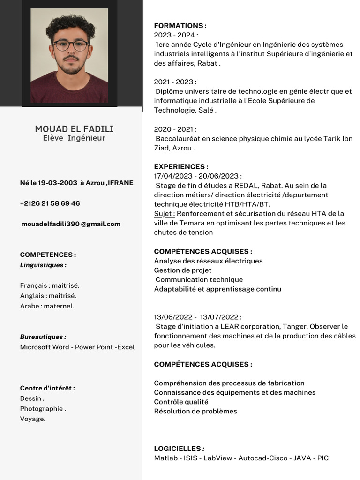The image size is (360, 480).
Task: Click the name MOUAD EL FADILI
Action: (74, 129)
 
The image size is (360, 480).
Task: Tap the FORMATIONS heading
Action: (180, 26)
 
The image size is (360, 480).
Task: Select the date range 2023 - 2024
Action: (176, 35)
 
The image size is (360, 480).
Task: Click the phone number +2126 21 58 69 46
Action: (50, 203)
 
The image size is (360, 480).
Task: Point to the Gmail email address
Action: (71, 224)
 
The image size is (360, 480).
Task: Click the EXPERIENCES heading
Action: (181, 166)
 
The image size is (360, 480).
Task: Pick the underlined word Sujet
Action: (164, 214)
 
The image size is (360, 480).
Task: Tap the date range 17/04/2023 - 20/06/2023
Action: (198, 176)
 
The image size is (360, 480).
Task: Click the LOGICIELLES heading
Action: (179, 449)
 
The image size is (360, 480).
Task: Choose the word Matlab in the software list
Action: (165, 458)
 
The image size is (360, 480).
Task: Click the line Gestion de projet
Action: (183, 270)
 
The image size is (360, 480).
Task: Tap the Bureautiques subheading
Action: (43, 337)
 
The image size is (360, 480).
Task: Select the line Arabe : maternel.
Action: (47, 306)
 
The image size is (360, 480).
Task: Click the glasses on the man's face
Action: (70, 45)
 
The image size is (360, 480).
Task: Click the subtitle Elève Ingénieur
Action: (74, 138)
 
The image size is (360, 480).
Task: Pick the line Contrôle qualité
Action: (181, 402)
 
